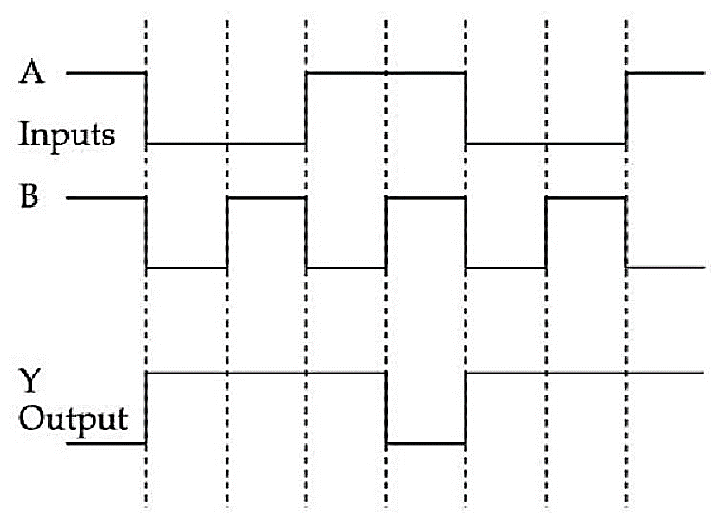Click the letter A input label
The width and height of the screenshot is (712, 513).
(x=32, y=73)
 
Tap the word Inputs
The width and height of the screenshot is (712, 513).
(x=66, y=135)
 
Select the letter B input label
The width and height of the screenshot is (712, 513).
(x=30, y=197)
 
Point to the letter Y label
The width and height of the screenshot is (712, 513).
(x=30, y=380)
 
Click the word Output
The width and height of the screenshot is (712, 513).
(x=73, y=417)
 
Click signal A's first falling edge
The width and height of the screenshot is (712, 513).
(x=146, y=108)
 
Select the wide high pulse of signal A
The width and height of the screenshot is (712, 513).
(x=386, y=73)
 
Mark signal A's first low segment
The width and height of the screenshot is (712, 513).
(x=227, y=144)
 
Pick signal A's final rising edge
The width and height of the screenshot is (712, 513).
(x=626, y=108)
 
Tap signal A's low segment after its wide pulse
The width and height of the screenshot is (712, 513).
(x=547, y=144)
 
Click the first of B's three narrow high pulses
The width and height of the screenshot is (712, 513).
(x=267, y=197)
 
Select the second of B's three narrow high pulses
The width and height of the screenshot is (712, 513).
(x=426, y=197)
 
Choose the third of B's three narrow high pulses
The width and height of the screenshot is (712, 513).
(x=586, y=197)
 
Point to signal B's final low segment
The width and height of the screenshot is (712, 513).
(x=666, y=267)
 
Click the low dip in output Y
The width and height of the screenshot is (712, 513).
(x=426, y=443)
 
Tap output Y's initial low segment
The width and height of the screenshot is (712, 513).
(x=106, y=443)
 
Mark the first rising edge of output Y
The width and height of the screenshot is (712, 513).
(x=146, y=408)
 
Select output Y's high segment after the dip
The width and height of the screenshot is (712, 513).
(x=586, y=374)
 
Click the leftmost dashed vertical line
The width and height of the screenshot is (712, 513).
(x=146, y=264)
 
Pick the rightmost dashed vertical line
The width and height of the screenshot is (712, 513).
(x=627, y=264)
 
